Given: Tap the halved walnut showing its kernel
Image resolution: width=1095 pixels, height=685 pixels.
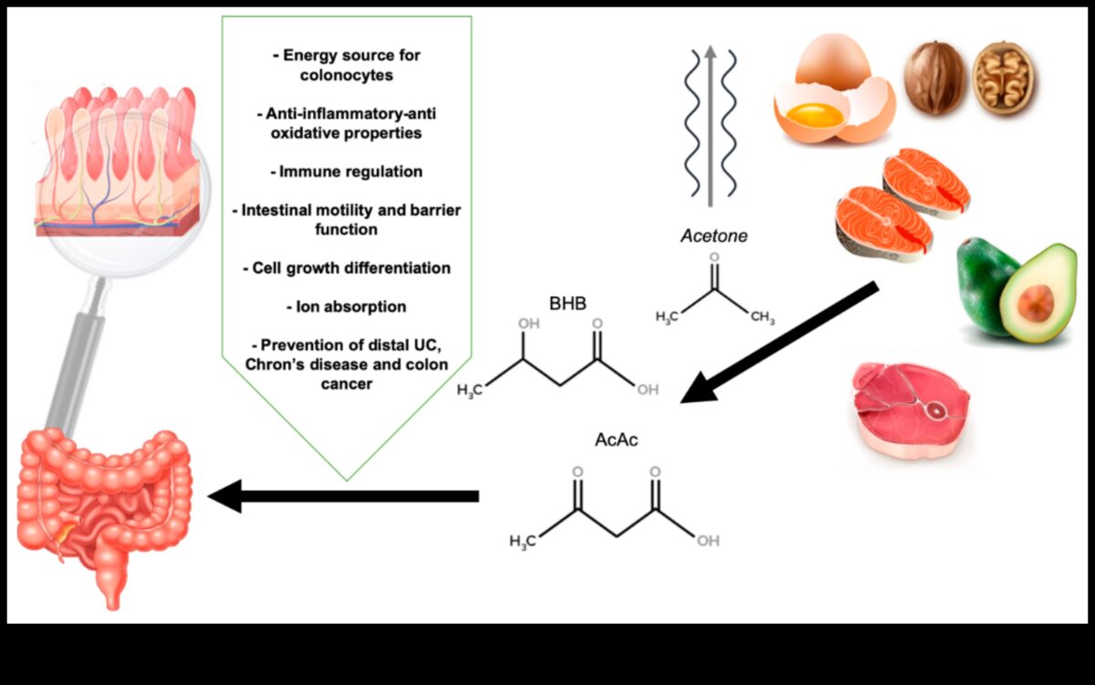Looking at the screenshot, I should click(1002, 78).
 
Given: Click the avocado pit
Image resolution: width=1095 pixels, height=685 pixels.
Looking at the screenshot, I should click(1036, 303).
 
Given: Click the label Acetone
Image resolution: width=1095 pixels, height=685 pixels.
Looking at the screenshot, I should click(714, 236).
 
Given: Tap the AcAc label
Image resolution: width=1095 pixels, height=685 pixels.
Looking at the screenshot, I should click(616, 440).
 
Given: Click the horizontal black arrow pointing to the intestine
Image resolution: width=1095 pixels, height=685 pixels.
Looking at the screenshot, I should click(347, 496).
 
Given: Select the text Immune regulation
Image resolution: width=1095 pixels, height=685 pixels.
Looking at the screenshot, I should click(347, 171).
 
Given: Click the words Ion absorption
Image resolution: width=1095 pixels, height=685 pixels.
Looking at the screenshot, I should click(347, 306).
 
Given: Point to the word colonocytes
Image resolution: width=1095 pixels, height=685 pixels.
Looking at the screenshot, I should click(347, 75).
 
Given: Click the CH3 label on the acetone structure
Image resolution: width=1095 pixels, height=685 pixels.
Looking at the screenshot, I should click(763, 317).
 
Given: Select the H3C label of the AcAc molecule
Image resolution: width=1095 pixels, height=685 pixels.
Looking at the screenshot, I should click(523, 542).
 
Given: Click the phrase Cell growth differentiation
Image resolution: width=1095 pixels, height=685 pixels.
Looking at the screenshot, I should click(347, 268).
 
